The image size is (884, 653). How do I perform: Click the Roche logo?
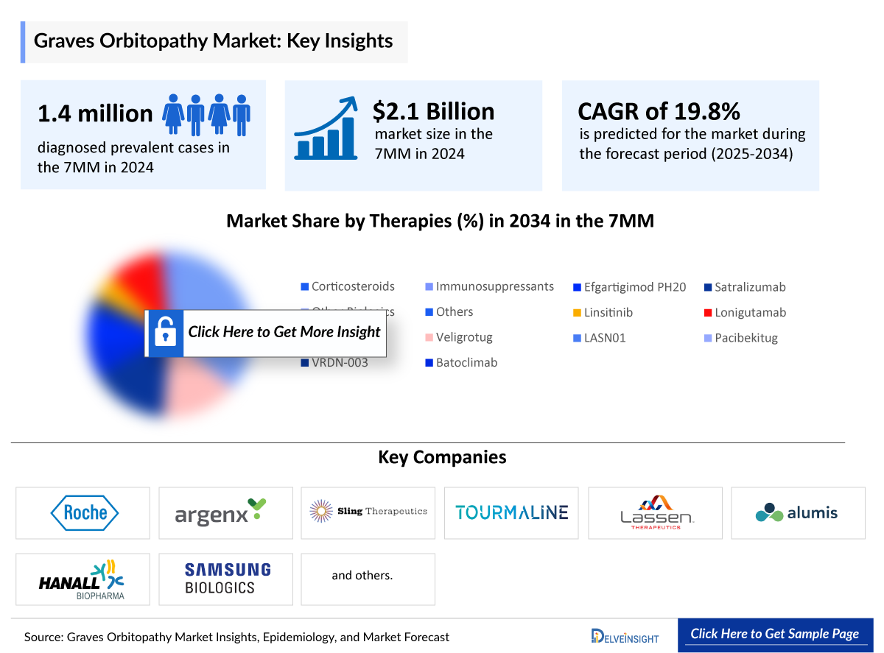(84, 512)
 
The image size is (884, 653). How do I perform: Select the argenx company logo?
(220, 512)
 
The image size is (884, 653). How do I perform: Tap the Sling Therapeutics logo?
(368, 511)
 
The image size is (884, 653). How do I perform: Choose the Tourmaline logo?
(511, 512)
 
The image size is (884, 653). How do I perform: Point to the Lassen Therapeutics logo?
(656, 512)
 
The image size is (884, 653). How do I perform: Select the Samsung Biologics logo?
(227, 579)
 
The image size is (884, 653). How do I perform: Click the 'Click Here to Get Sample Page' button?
(774, 634)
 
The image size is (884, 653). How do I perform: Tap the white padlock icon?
(164, 333)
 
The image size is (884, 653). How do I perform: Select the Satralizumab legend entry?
(749, 287)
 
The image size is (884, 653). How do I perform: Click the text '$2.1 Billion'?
(433, 111)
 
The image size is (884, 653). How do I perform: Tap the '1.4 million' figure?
(95, 113)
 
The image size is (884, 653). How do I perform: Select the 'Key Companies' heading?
(442, 457)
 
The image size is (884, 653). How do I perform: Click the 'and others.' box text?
(362, 575)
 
